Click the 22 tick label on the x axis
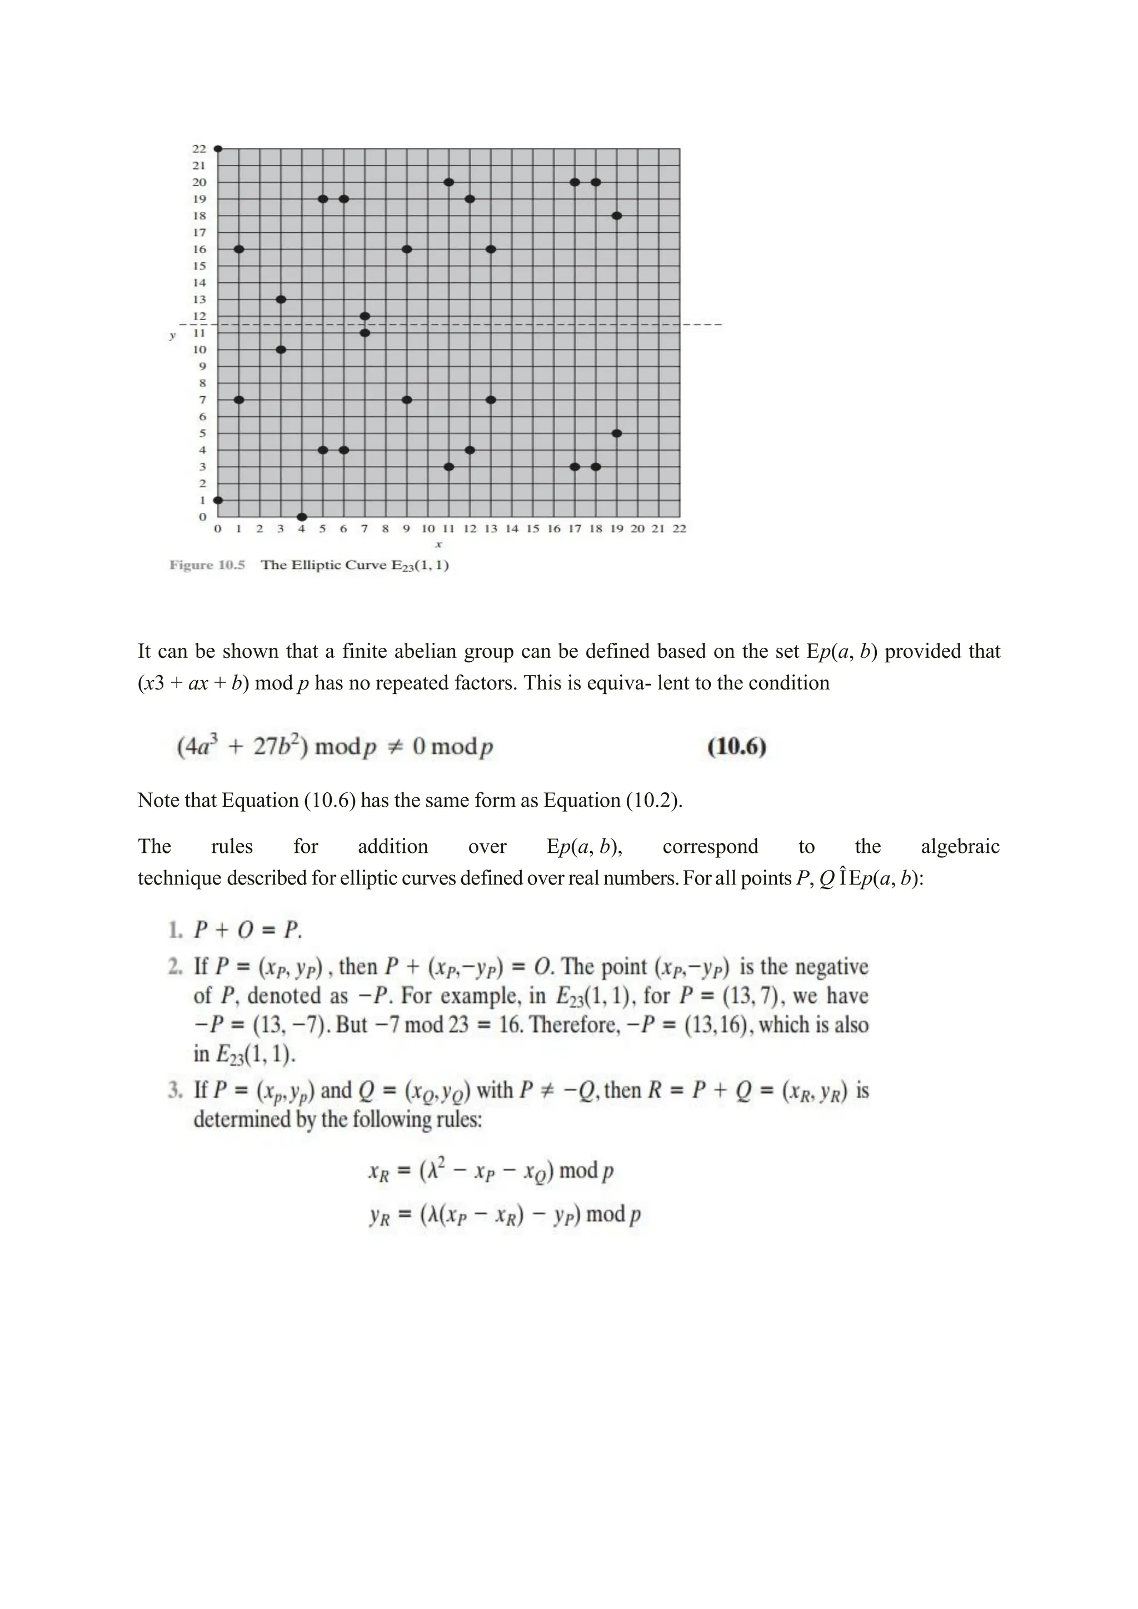(679, 529)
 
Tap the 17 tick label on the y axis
(199, 233)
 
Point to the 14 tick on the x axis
(512, 529)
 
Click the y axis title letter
(172, 336)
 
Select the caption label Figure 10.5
(207, 566)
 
